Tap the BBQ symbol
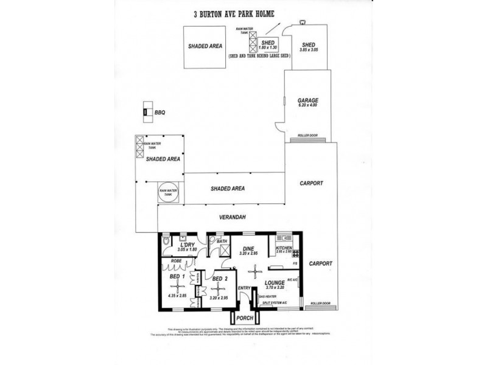point(146,112)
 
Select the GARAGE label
point(307,100)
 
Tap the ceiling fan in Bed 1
point(177,289)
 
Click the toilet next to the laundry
point(167,244)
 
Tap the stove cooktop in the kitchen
point(296,253)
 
